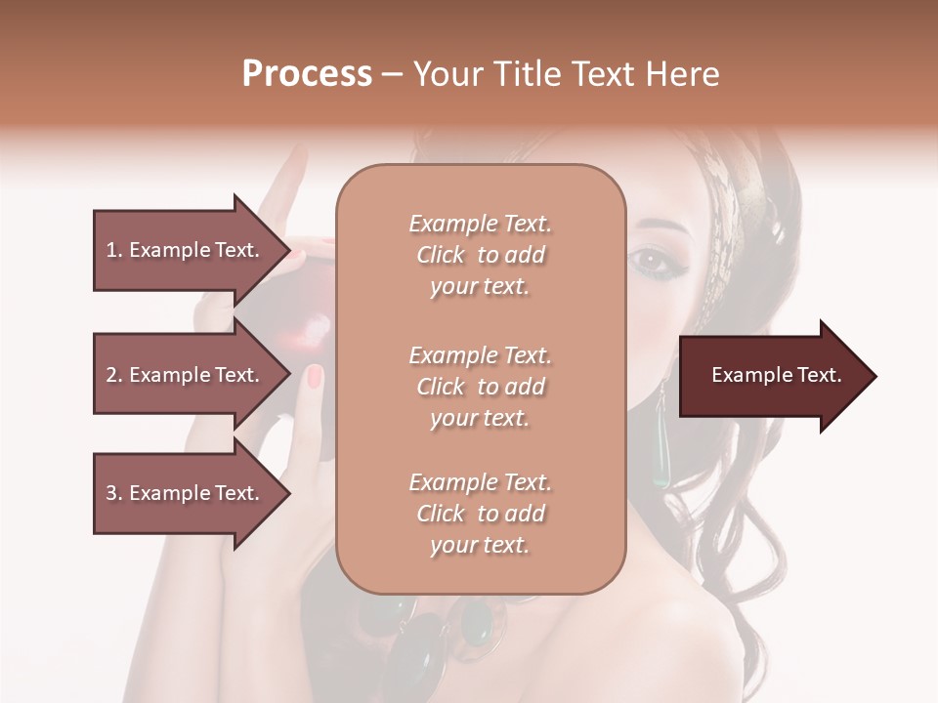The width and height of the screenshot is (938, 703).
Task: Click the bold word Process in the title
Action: (x=307, y=74)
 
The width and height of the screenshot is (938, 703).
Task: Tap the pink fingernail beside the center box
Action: (x=315, y=376)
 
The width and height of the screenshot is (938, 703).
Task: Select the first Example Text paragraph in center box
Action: (x=480, y=255)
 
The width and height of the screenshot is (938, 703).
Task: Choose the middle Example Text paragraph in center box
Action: (x=480, y=387)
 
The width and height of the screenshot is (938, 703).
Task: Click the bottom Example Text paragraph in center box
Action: (x=480, y=514)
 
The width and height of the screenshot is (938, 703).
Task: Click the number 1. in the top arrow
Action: (x=114, y=250)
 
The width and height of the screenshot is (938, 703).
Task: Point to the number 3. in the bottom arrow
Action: (x=114, y=493)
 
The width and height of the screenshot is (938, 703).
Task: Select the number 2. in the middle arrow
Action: (x=114, y=375)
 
